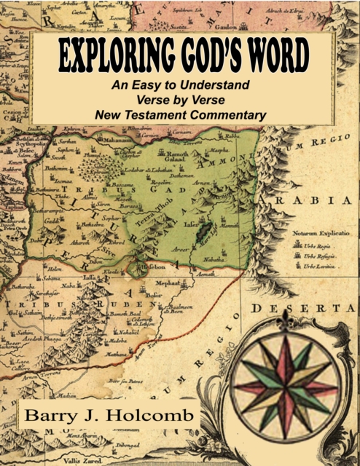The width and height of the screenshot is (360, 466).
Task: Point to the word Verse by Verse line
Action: click(180, 100)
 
